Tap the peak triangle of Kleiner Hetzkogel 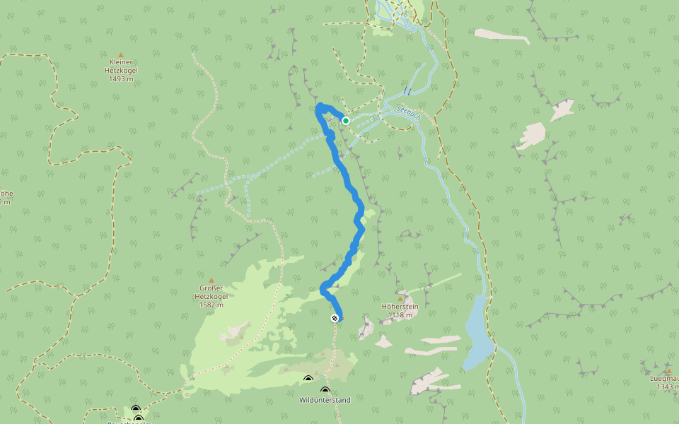coord(121,55)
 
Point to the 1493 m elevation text coord(122,79)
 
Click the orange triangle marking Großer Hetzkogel coord(211,281)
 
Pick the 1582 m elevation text coord(211,305)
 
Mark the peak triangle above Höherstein coord(400,298)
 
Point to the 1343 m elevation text coord(668,387)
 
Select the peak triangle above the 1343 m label coord(668,370)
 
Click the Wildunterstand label coord(325,400)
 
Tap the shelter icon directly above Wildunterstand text coord(325,390)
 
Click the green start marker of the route coord(346,121)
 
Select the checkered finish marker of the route coord(334,319)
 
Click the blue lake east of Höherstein coord(475,332)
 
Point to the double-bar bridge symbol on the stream coord(407,90)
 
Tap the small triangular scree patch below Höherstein coord(383,342)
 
